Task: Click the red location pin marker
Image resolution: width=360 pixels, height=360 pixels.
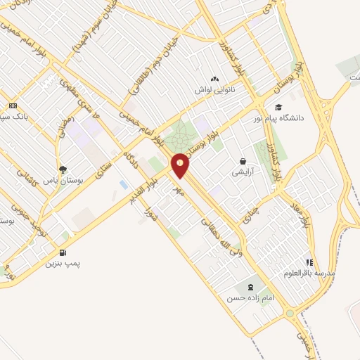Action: point(181,165)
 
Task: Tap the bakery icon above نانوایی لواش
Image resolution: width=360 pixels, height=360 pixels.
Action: point(214,79)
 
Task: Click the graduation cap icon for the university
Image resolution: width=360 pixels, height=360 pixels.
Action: point(278,108)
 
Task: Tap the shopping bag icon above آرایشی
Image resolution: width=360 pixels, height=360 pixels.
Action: point(243,161)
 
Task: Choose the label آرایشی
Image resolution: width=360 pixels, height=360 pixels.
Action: point(243,172)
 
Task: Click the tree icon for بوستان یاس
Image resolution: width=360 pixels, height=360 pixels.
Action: point(63,169)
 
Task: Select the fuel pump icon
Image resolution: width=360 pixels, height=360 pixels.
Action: point(63,253)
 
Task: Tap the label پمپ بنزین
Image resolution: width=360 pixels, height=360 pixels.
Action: point(63,264)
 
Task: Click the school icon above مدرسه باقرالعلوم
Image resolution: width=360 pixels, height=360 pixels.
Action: point(310,261)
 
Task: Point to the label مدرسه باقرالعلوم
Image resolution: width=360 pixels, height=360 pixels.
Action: point(310,272)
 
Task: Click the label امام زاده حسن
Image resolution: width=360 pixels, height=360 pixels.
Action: point(249,298)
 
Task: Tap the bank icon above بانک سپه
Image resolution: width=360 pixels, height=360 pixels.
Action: point(13,105)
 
